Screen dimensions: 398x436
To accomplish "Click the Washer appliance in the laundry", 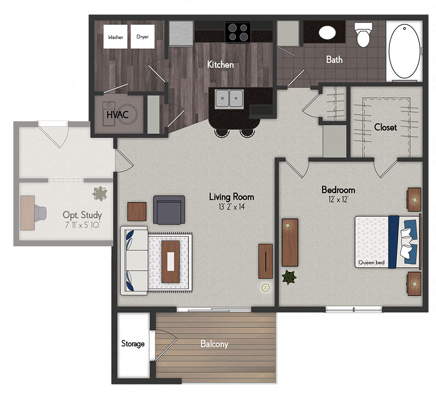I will point(116,37).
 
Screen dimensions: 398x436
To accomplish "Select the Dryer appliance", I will point(143,37).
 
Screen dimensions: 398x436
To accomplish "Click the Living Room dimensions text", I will point(231,207).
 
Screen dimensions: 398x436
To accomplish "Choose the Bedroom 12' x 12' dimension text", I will point(338,200).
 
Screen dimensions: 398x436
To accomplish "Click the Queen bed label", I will point(371,263).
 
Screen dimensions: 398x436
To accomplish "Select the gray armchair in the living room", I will point(169,209).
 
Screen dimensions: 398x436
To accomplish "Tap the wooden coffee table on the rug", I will point(171,261).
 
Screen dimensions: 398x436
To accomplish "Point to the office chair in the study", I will point(41,212).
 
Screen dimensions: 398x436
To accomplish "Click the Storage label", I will point(133,344).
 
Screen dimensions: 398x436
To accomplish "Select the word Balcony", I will point(214,344).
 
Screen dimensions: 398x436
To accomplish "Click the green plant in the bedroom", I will point(288,277).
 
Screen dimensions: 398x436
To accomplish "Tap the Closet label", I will point(385,127).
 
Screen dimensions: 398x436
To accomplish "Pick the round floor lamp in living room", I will point(265,287).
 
